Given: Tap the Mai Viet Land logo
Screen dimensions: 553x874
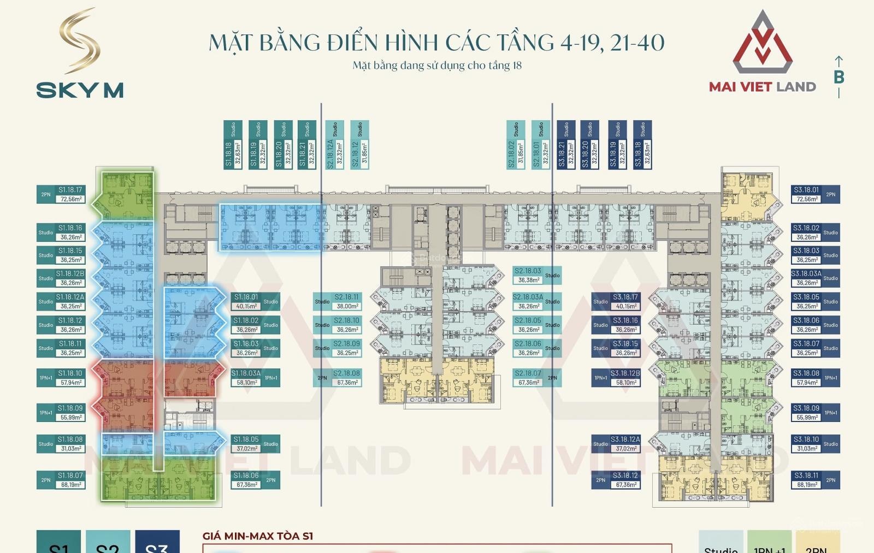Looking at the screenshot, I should [763, 52].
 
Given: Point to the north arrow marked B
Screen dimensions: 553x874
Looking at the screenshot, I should [839, 76].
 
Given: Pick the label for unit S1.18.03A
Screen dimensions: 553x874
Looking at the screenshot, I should [255, 378].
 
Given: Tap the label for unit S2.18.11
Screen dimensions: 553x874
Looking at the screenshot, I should [337, 301].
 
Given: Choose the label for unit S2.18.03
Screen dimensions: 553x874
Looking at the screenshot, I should [537, 275].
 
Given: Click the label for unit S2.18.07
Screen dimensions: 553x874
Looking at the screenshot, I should [537, 378].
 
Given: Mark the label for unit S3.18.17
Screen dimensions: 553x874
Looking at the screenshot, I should [616, 301].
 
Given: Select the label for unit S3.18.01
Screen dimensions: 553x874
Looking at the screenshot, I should [816, 194].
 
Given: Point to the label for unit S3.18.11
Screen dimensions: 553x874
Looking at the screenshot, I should [816, 480].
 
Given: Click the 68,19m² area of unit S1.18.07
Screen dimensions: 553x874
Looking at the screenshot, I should [71, 485].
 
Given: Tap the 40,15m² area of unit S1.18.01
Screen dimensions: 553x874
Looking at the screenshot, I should [246, 306].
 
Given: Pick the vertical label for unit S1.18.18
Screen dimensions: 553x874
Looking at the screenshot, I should [233, 145].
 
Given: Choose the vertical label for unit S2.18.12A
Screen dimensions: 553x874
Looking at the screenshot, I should [334, 145].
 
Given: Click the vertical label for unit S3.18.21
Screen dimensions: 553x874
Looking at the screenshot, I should [566, 145].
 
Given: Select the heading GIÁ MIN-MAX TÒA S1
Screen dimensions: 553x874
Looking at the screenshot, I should [258, 536].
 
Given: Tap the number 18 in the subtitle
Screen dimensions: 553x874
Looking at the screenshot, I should [516, 66].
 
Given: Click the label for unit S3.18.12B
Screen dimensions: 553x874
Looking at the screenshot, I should [616, 378].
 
